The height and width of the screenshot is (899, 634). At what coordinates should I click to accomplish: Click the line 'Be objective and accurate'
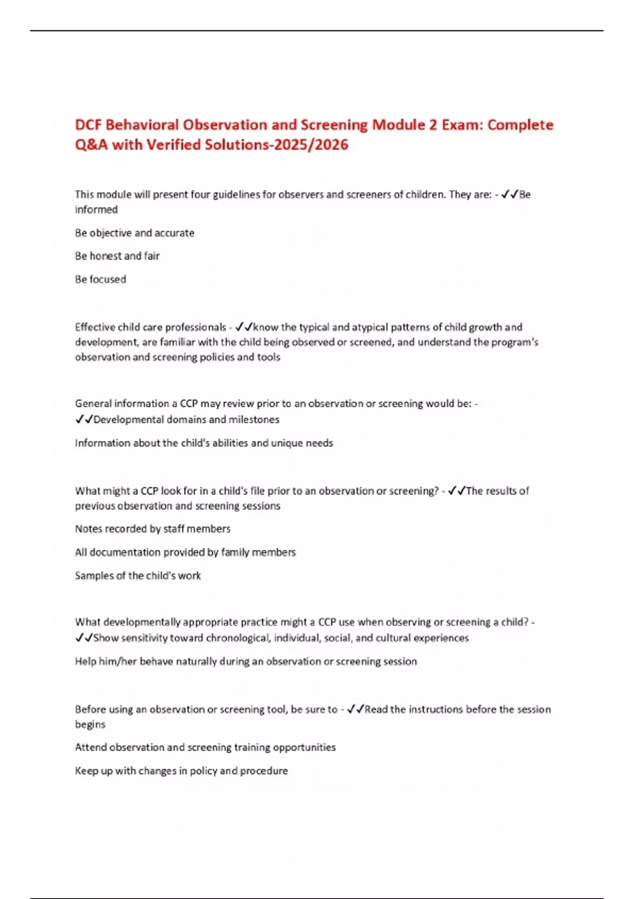[x=135, y=233]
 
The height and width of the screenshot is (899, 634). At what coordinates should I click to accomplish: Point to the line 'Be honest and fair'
[x=117, y=256]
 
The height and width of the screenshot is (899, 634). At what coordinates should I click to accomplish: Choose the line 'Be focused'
[x=100, y=279]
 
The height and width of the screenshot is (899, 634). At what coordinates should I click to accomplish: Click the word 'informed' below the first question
[x=96, y=209]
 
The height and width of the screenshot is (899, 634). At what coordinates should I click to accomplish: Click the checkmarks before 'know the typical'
[x=244, y=327]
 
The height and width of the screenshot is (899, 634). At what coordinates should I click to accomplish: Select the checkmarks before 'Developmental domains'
[x=84, y=419]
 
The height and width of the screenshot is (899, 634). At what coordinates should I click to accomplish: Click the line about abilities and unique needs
[x=204, y=443]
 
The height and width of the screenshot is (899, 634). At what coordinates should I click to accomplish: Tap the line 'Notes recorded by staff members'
[x=153, y=529]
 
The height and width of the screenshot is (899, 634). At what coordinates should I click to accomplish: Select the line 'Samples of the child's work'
[x=138, y=575]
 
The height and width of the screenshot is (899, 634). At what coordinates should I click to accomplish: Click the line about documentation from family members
[x=185, y=552]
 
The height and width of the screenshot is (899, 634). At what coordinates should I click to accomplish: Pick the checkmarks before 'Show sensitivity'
[x=84, y=638]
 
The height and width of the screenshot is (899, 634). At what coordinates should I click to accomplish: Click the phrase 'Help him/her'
[x=106, y=661]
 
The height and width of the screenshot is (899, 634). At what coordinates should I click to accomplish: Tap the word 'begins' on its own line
[x=90, y=724]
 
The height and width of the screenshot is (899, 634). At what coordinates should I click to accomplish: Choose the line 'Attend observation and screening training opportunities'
[x=206, y=747]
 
